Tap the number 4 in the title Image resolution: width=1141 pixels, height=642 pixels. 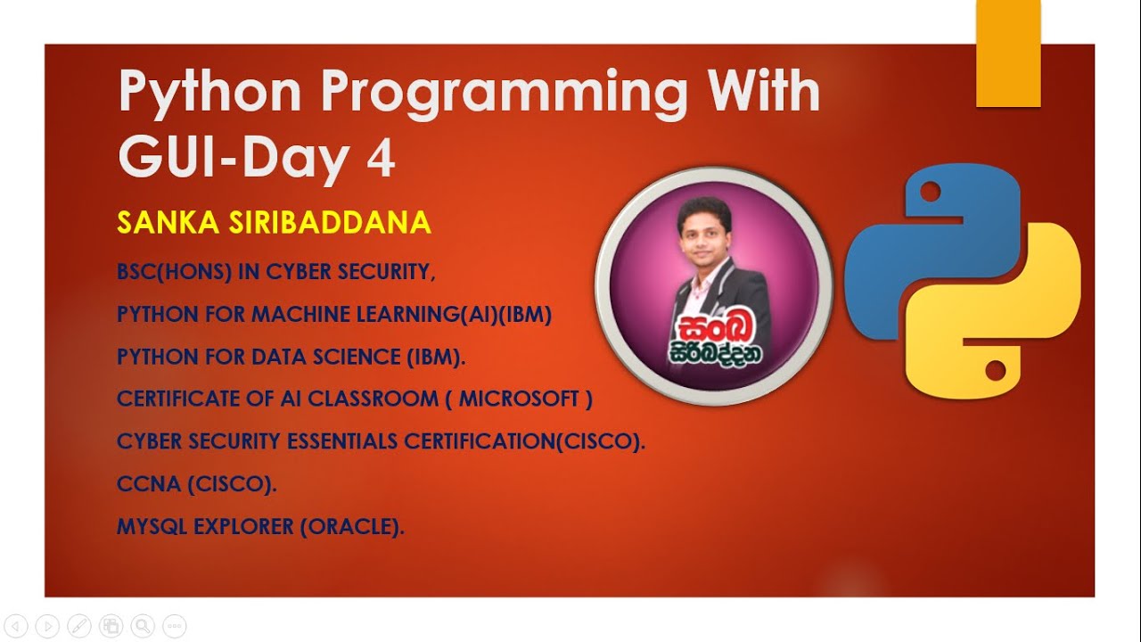coord(381,161)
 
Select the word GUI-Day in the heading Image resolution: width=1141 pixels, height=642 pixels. coord(234,159)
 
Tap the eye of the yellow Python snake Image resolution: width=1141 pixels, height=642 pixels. coord(997,368)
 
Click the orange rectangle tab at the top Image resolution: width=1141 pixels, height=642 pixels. coord(1008,53)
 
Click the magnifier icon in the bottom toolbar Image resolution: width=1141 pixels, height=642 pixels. coord(142,625)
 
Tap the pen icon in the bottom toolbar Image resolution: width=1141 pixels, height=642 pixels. coord(78,625)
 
